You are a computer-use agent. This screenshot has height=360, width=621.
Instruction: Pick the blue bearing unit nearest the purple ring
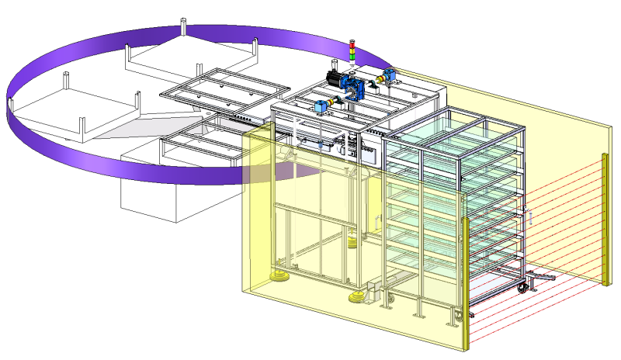(x=389, y=75)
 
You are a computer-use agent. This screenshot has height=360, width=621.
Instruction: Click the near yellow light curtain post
(x=465, y=283)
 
